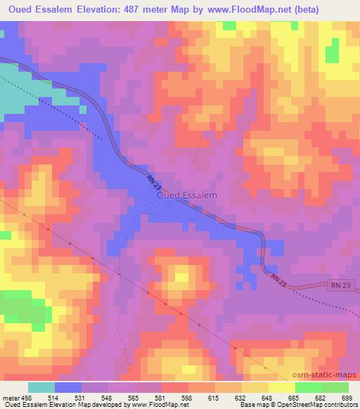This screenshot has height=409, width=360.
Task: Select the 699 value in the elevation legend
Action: [347, 397]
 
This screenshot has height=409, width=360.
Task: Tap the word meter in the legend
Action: [11, 397]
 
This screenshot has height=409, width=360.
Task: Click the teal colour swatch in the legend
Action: [41, 387]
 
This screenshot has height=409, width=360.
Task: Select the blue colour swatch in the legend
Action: [68, 387]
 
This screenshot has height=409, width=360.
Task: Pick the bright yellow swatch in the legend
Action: [282, 387]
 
